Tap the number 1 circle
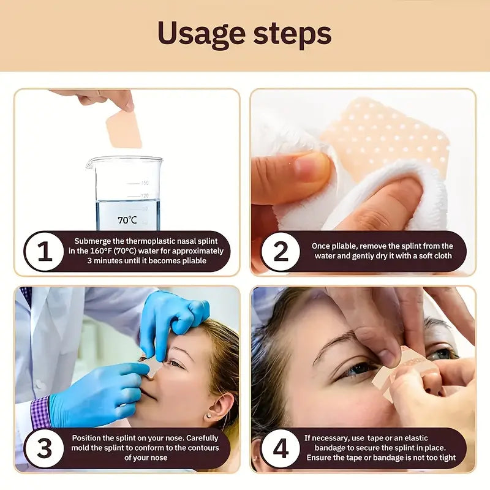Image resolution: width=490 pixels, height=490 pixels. (x=45, y=251)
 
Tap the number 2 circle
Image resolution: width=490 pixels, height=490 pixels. (x=281, y=251)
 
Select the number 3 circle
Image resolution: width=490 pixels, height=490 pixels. (x=45, y=448)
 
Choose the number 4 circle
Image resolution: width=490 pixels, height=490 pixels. (x=281, y=448)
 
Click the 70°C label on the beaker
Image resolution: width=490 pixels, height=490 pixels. (x=127, y=219)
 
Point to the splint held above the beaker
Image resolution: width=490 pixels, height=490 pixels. (x=124, y=129)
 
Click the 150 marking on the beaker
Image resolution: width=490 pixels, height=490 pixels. (x=145, y=183)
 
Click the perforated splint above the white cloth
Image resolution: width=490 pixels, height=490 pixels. (x=386, y=132)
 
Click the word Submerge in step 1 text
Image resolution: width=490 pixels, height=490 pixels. (x=94, y=241)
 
